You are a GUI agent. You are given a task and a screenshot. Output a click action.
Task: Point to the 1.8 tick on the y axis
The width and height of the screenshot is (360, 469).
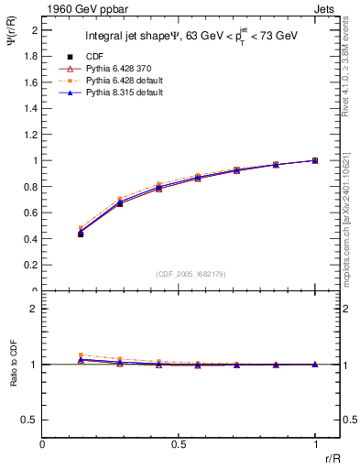coord(32,56)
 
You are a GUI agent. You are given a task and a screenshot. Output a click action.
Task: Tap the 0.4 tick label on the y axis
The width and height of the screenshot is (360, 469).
coord(32,239)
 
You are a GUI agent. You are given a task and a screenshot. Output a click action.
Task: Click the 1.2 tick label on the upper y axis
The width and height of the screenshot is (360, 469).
coord(32,135)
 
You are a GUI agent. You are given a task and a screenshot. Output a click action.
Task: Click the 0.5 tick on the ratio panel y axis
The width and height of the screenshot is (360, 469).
coord(32,420)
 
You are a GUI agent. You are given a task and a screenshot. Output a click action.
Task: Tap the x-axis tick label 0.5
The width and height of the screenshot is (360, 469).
coord(178,444)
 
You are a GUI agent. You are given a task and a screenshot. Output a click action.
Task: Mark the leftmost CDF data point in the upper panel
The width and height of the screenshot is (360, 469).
coord(81,234)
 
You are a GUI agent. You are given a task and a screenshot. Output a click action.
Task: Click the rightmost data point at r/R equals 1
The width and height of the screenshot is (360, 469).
coord(314,160)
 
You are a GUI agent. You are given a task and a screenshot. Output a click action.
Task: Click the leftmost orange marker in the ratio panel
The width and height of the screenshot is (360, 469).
coord(81,354)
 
